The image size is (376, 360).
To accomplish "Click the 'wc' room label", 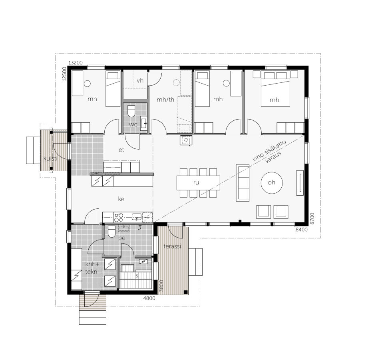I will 133,125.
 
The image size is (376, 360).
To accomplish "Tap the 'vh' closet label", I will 140,81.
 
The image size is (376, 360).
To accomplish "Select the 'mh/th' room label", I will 165,99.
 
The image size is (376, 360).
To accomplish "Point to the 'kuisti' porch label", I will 50,159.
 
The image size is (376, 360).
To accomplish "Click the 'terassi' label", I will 173,246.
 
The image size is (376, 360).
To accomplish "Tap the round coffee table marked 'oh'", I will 272,183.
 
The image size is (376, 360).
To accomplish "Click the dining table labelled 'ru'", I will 198,183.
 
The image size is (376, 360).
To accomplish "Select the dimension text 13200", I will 75,63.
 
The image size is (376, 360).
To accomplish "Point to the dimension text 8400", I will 301,230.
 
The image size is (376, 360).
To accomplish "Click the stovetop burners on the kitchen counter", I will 119,217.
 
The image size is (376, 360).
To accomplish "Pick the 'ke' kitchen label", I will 121,198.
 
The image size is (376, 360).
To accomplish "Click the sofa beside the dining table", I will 243,182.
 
